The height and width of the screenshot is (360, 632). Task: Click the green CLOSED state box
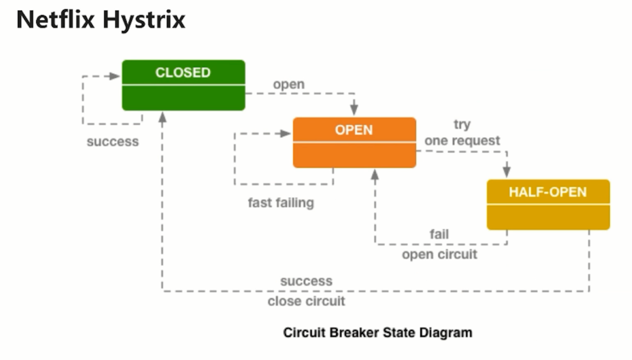[183, 85]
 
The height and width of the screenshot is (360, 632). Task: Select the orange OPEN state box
[354, 142]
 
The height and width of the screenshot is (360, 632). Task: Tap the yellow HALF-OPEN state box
[548, 204]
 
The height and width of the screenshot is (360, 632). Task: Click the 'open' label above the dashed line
[288, 84]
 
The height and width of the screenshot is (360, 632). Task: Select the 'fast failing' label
[281, 203]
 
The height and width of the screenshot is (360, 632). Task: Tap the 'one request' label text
[462, 140]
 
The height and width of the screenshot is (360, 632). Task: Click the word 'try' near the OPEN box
[461, 124]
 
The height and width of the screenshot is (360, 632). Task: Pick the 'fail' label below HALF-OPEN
[439, 234]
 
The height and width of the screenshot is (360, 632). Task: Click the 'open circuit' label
[439, 255]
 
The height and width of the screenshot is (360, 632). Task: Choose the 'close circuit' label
[306, 302]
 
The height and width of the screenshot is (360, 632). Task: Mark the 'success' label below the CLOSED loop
[112, 142]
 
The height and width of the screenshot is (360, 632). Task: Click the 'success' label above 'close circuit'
[306, 281]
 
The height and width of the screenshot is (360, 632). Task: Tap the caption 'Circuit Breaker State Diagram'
[377, 332]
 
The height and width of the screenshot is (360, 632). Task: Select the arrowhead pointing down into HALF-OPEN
[507, 172]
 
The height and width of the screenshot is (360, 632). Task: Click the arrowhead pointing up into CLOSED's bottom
[163, 117]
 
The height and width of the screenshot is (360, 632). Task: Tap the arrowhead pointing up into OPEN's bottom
[375, 174]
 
